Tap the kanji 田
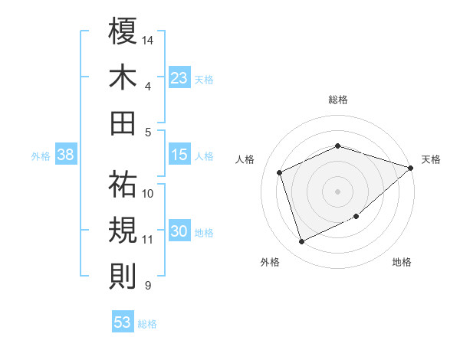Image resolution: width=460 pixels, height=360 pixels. coord(123,123)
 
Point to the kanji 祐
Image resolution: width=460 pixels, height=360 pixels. coord(123,185)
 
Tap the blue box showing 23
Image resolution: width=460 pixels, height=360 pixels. coord(179,78)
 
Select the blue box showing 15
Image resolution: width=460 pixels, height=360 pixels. coord(179,155)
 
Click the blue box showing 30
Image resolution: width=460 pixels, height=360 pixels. coord(179,232)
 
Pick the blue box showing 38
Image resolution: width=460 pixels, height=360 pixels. coord(65,155)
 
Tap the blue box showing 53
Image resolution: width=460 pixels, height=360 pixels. coord(123,322)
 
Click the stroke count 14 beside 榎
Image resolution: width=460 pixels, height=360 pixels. coord(148,39)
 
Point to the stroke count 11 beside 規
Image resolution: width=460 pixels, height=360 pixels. coord(147,240)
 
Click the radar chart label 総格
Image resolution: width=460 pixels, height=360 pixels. coord(338,100)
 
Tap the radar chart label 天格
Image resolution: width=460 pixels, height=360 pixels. coord(431,159)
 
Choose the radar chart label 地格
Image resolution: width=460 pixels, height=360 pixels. coord(402,262)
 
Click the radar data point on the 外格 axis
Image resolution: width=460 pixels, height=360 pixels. coord(301,242)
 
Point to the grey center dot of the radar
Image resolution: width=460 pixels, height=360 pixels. coord(337,191)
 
